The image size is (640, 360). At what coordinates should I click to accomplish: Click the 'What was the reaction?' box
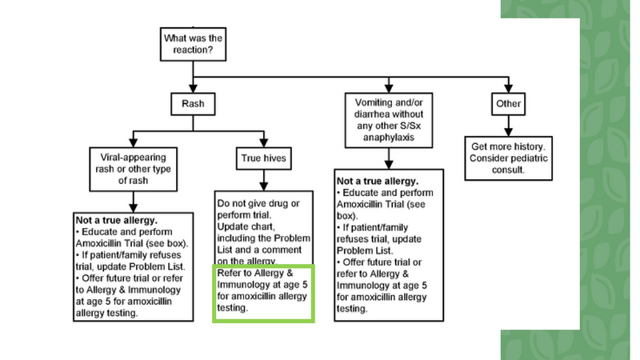[x=191, y=44]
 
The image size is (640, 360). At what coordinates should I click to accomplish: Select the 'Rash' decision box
[x=190, y=103]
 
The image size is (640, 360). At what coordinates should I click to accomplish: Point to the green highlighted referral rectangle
[x=263, y=293]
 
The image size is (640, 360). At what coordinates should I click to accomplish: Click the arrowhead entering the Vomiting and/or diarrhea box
[x=387, y=89]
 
